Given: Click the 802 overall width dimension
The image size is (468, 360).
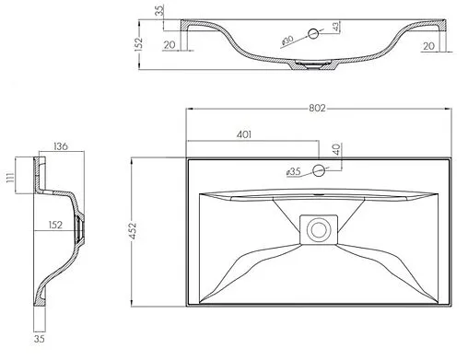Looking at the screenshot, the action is click(317, 108).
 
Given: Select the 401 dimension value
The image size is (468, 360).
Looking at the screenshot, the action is click(244, 134).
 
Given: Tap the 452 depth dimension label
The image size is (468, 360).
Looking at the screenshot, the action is click(134, 230).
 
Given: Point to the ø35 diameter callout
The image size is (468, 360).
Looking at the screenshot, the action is click(293, 171).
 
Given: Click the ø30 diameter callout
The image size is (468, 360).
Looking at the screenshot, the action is click(287, 41).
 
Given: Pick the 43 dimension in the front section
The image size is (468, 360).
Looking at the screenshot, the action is click(336, 27).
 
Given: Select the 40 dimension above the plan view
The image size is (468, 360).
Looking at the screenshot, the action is click(337, 149).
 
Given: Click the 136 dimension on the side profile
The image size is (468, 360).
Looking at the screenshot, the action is click(61, 146).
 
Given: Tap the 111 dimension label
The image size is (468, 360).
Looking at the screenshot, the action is click(10, 178).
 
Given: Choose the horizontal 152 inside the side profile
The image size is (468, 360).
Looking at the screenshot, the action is click(55, 225).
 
